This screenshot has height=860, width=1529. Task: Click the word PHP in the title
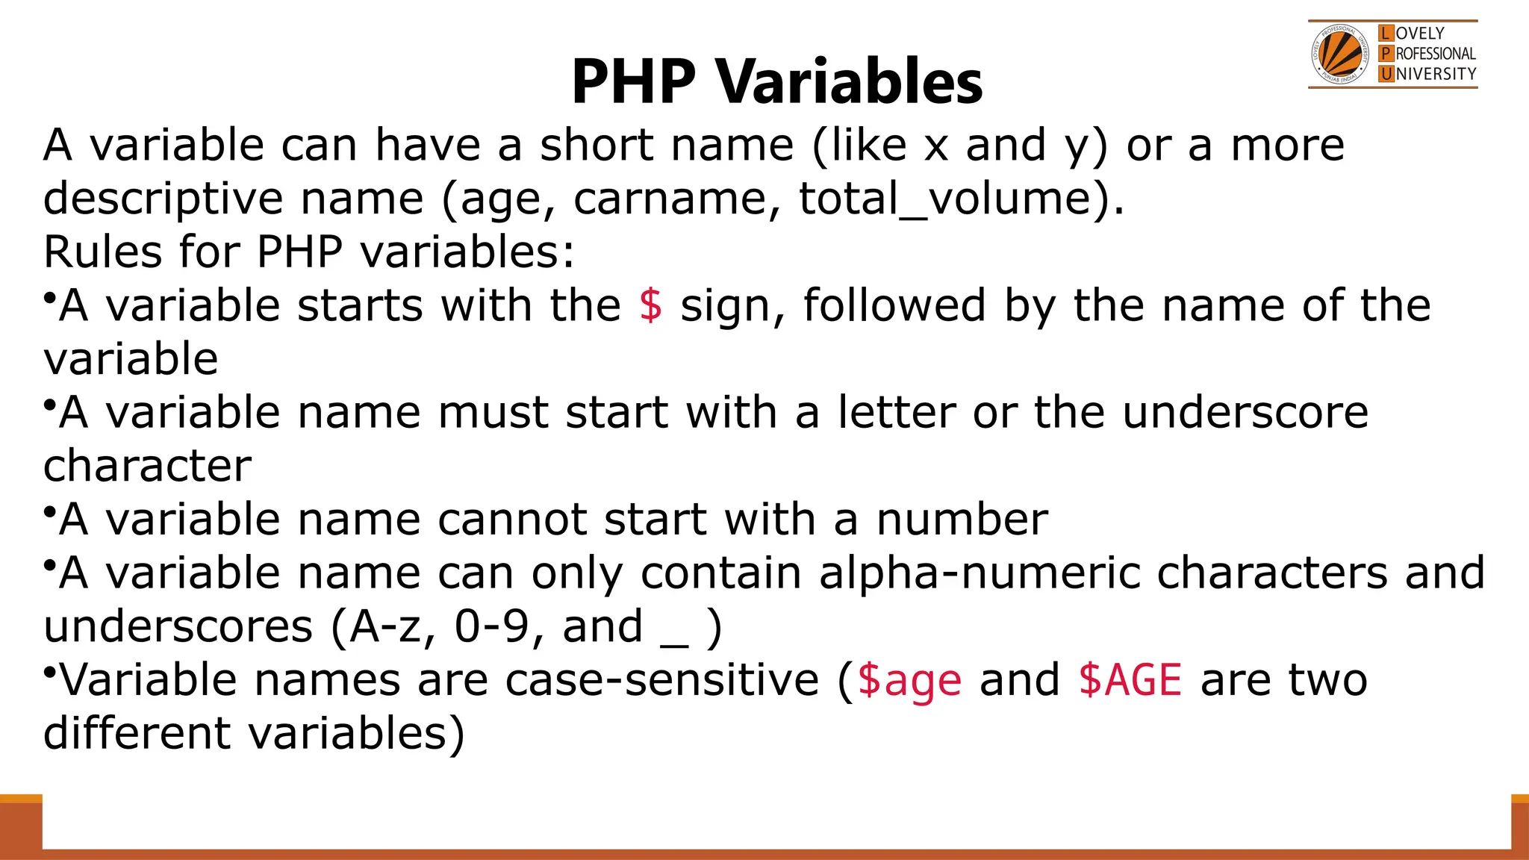[634, 81]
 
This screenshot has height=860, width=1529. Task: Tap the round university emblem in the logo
[1340, 54]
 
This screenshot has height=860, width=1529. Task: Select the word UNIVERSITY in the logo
[1436, 74]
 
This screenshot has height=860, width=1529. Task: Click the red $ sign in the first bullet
[650, 305]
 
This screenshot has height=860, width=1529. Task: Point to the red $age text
[909, 681]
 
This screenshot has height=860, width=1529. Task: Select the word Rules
[103, 252]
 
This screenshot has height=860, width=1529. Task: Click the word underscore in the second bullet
[1245, 412]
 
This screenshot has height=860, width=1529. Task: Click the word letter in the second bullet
[896, 412]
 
